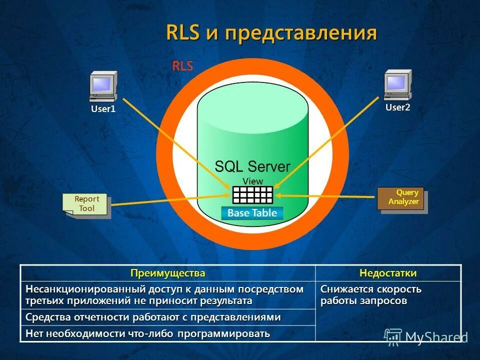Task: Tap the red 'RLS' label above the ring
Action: pyautogui.click(x=182, y=66)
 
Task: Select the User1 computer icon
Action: pyautogui.click(x=103, y=86)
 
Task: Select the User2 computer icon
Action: pyautogui.click(x=397, y=85)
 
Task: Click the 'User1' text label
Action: pyautogui.click(x=103, y=108)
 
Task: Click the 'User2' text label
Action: pyautogui.click(x=397, y=107)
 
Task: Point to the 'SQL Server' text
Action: pyautogui.click(x=252, y=166)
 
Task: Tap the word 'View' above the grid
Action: pyautogui.click(x=252, y=181)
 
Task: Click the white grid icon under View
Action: pyautogui.click(x=252, y=194)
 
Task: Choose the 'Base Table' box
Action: pyautogui.click(x=252, y=213)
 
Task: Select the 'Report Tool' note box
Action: pyautogui.click(x=86, y=204)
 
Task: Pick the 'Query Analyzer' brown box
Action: pyautogui.click(x=401, y=198)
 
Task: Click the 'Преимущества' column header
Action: pyautogui.click(x=168, y=273)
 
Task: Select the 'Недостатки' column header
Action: pyautogui.click(x=387, y=273)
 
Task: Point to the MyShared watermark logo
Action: pyautogui.click(x=425, y=337)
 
